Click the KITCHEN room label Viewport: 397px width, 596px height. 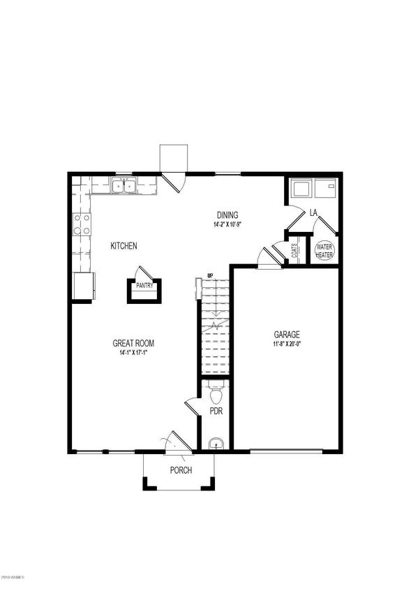pos(123,246)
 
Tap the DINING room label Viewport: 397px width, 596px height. pos(227,215)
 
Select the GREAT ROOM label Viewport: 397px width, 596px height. pos(133,343)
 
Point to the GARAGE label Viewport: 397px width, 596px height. pos(287,334)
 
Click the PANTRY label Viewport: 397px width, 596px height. pos(144,285)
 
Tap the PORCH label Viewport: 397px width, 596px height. pos(181,470)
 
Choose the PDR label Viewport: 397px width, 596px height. pos(216,412)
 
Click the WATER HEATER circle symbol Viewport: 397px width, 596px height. pos(324,251)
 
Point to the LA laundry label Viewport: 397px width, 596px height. pos(314,212)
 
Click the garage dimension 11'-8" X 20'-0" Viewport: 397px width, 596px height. pos(287,344)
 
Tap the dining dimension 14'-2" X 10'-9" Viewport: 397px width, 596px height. pos(227,225)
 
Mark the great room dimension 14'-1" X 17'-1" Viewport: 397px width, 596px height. pos(133,353)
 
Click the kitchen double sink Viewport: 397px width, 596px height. pos(124,186)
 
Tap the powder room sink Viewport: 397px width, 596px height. pos(216,442)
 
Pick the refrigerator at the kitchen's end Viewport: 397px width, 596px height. pos(82,285)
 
